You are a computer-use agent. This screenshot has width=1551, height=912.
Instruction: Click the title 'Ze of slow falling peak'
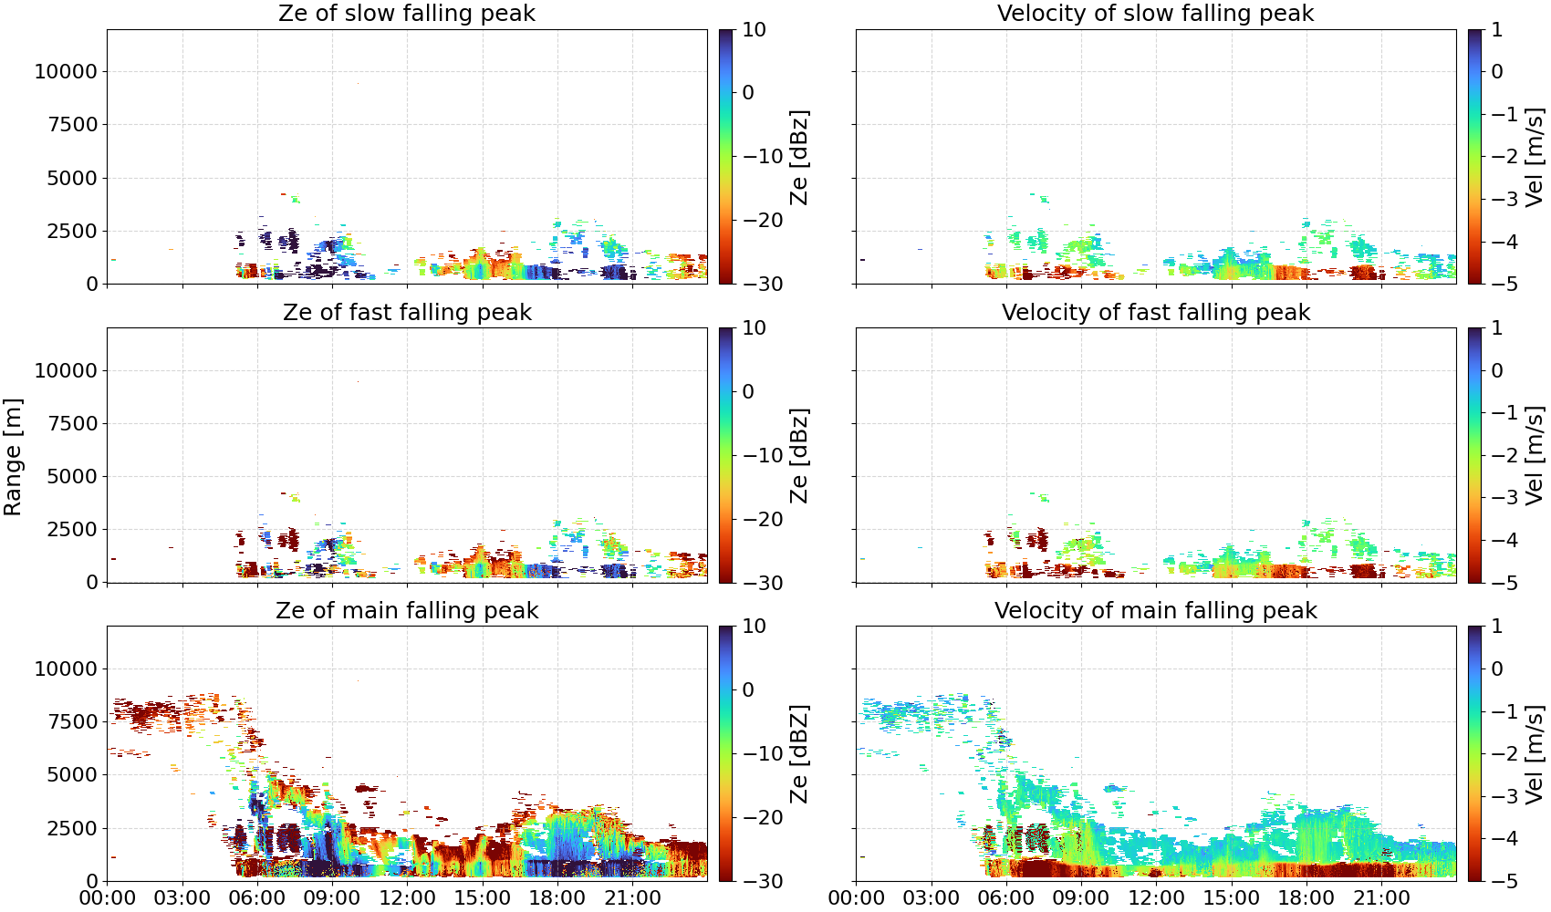406,13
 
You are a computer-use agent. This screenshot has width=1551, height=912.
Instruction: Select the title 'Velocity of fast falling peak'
1156,312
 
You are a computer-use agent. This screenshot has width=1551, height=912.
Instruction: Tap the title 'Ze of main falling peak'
406,610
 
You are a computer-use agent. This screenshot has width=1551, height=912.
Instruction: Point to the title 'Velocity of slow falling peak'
1156,13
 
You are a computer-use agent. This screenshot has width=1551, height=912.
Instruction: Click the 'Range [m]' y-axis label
13,457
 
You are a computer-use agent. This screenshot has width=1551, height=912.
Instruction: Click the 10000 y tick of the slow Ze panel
66,71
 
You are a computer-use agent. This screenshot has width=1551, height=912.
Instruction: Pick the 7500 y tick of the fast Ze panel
72,423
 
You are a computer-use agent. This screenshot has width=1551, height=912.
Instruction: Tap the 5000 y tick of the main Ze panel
72,775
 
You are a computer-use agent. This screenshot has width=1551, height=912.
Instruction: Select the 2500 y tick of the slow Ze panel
72,231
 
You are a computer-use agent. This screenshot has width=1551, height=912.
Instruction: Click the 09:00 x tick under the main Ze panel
332,898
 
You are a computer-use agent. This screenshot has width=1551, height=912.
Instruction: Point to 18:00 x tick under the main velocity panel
1306,898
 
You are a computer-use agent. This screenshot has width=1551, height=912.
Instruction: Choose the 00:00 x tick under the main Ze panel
108,898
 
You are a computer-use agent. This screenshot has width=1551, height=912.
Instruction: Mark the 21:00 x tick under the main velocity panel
1381,898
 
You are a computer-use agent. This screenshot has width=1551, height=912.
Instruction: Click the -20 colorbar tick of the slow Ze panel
763,220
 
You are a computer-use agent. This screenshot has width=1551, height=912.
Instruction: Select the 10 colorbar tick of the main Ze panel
754,627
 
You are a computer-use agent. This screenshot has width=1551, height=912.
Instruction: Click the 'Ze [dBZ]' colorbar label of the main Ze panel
799,754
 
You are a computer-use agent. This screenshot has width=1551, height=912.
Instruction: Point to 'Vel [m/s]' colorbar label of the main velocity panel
1535,754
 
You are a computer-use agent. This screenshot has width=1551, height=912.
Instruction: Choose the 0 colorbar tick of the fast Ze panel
748,391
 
